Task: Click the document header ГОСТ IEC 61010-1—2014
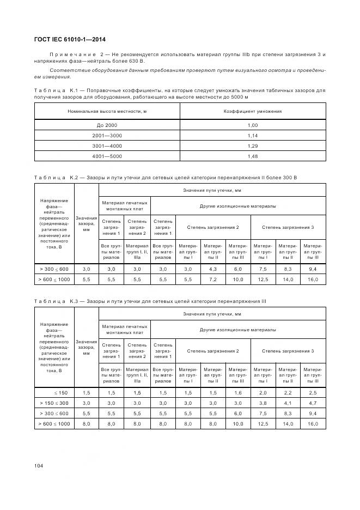(70, 39)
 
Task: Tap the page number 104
(39, 465)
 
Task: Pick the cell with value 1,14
(253, 136)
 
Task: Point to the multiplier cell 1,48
(253, 156)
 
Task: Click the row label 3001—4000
(107, 146)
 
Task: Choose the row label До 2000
(107, 125)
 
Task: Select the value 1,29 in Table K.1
(253, 146)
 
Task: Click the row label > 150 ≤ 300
(54, 403)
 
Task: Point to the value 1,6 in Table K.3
(238, 392)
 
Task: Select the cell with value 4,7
(313, 403)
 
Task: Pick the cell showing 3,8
(263, 403)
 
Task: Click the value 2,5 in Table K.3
(313, 392)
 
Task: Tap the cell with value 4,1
(288, 403)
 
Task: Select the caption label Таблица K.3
(57, 301)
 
